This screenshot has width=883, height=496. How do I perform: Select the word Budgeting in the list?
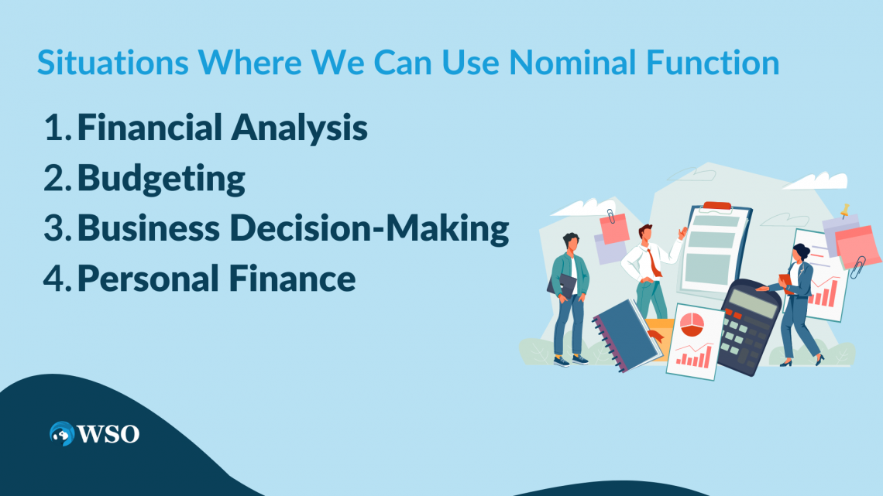161,179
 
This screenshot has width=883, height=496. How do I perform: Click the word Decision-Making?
400,228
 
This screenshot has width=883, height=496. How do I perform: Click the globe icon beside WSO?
61,433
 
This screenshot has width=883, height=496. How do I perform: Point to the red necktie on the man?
655,262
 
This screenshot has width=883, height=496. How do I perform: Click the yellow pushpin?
843,210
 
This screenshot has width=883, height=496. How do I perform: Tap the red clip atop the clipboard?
716,206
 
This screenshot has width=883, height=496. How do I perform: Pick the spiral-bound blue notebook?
625,332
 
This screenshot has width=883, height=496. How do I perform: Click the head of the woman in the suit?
800,252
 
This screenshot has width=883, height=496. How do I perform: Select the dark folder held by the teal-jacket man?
563,286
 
